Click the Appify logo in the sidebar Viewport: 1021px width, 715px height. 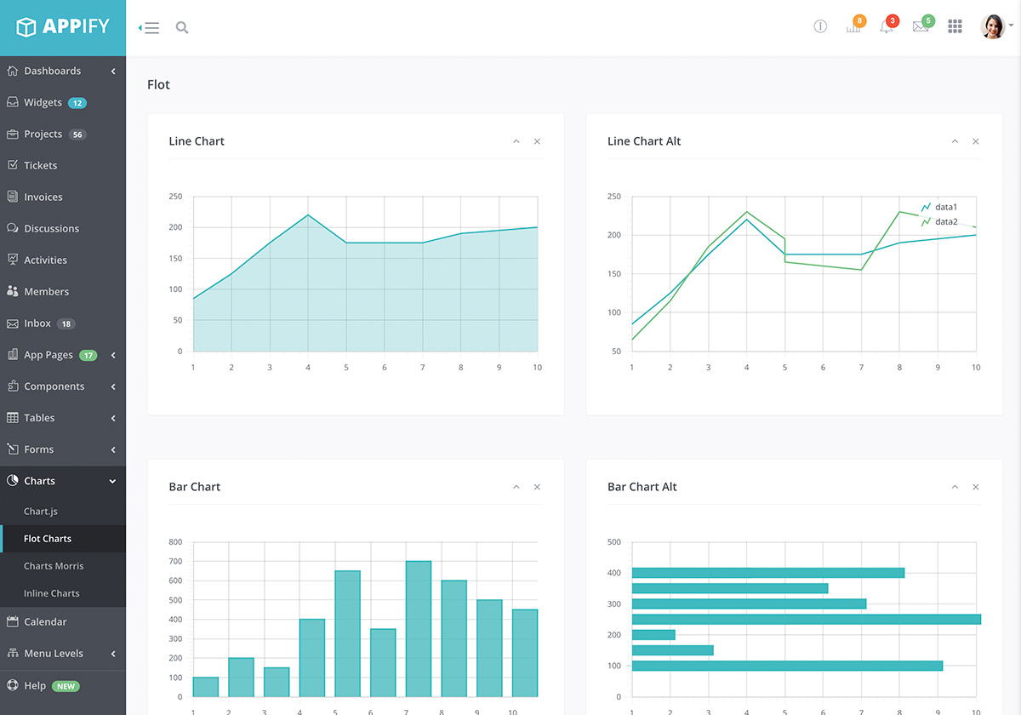coord(63,27)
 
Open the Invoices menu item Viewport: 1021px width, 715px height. coord(43,197)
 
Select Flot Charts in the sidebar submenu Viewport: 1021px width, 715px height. coord(48,539)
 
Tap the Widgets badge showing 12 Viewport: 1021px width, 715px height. coord(77,103)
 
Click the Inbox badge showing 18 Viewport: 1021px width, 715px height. coord(66,323)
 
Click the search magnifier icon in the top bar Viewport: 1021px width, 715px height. coord(181,27)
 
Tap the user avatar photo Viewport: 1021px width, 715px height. coord(992,26)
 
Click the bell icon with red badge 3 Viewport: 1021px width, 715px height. coord(887,26)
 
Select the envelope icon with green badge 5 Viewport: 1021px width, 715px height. coord(920,26)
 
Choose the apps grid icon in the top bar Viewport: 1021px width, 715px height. coord(955,26)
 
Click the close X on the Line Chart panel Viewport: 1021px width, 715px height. coord(537,141)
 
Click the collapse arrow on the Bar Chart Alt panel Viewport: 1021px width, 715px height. coord(955,487)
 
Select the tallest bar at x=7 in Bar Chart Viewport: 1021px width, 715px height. coord(418,630)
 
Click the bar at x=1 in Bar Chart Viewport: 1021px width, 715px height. coord(206,687)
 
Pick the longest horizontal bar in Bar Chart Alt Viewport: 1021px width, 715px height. coord(806,619)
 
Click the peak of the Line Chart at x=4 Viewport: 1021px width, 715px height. coord(308,214)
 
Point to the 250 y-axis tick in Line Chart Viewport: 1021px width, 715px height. coord(175,197)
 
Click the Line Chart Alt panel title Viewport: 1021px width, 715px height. coord(644,141)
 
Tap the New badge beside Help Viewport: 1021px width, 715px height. coord(66,686)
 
